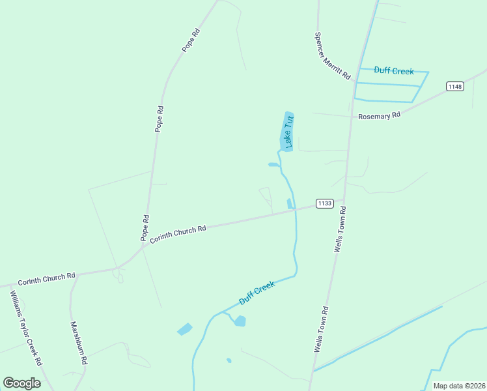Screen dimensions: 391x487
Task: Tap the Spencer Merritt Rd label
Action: click(x=332, y=56)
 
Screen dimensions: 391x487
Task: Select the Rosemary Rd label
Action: click(x=379, y=115)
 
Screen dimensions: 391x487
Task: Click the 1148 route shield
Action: click(x=454, y=86)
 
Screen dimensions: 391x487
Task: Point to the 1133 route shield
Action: click(x=325, y=203)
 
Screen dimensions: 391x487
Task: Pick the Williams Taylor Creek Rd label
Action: click(x=26, y=328)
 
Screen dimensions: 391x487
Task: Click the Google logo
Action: click(x=21, y=383)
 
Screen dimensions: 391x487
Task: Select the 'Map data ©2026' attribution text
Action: click(x=459, y=386)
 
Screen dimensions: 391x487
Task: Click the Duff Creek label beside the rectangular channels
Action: click(x=394, y=70)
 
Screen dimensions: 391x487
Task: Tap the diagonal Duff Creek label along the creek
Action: click(x=257, y=293)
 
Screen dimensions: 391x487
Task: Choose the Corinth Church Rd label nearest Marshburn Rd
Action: click(x=46, y=278)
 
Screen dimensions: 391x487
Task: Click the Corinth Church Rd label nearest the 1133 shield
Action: click(x=178, y=234)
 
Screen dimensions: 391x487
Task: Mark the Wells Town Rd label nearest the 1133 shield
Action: click(x=340, y=229)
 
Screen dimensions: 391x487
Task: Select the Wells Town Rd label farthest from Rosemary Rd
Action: click(x=321, y=330)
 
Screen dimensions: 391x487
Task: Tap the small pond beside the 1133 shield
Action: click(x=289, y=205)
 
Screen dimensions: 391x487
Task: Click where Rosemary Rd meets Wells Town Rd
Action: click(x=350, y=117)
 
